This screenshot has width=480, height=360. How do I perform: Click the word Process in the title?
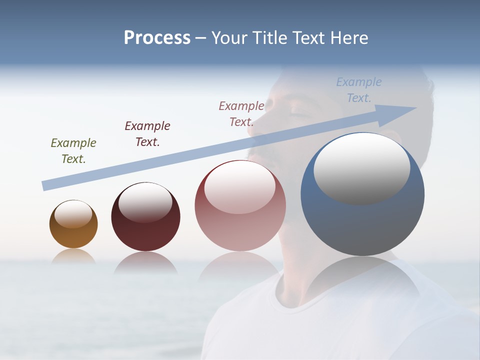point(157,37)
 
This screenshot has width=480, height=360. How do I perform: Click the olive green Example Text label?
point(73,150)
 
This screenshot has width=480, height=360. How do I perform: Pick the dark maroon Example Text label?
point(147,133)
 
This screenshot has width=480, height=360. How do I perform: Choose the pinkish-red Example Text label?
point(241,113)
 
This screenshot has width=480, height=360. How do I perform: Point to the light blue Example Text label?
point(358,90)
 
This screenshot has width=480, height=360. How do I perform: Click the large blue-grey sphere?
point(362,225)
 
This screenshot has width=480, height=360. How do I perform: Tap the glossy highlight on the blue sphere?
point(361,168)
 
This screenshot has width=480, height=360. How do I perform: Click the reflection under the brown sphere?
point(73,257)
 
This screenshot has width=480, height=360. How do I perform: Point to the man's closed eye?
point(299,114)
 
